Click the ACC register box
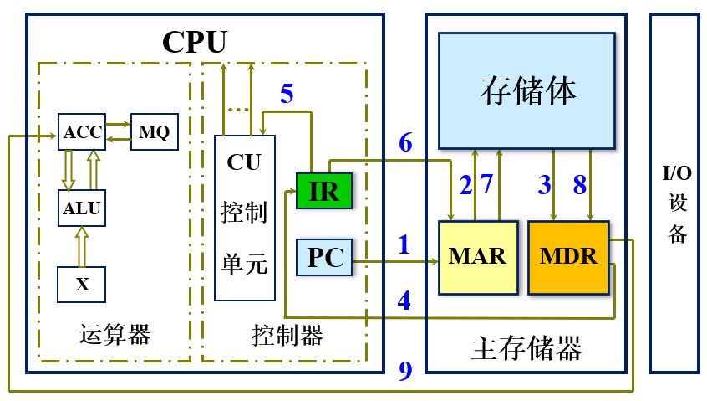(x=82, y=132)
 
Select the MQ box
(x=154, y=132)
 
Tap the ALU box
(x=82, y=208)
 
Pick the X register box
(x=82, y=285)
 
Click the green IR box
(x=324, y=191)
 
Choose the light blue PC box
(x=325, y=257)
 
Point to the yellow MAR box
(x=477, y=257)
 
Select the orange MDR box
(x=568, y=257)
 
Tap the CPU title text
(x=194, y=41)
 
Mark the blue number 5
(x=287, y=94)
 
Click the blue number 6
(x=405, y=143)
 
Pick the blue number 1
(x=404, y=245)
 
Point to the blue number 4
(x=404, y=301)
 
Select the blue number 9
(x=405, y=371)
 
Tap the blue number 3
(x=544, y=185)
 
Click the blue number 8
(x=580, y=185)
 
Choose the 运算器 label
(x=115, y=336)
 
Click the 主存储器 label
(x=526, y=347)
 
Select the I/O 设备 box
(x=675, y=204)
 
